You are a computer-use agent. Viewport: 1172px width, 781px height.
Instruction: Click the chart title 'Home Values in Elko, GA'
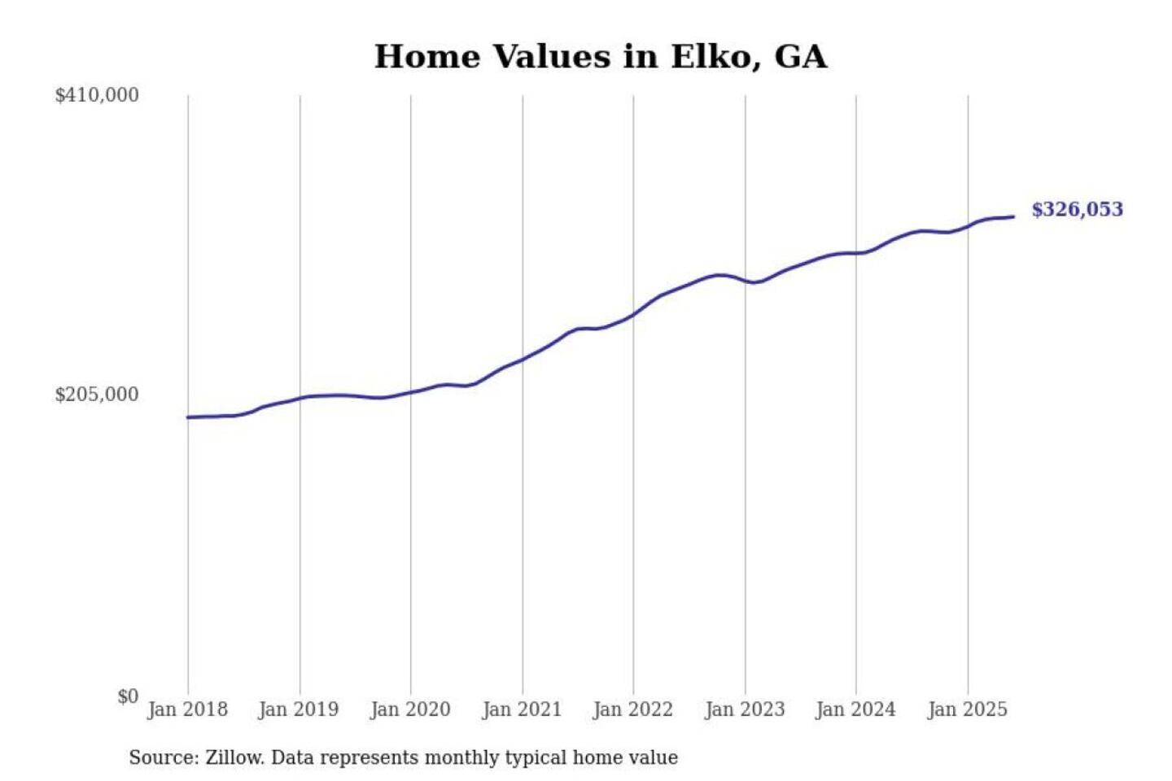601,57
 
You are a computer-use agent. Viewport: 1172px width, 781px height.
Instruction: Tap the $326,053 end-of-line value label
1077,210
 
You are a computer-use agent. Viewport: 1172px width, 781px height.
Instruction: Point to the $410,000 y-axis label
97,95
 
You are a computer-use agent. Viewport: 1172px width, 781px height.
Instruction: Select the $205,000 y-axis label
97,395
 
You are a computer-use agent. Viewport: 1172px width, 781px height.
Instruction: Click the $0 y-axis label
128,696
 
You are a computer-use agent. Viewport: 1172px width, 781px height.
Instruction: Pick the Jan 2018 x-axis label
187,709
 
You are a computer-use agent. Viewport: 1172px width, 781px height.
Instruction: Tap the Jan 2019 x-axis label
299,709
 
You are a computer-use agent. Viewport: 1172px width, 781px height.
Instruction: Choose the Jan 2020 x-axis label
410,709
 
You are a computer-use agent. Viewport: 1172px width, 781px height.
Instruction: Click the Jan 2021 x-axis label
522,709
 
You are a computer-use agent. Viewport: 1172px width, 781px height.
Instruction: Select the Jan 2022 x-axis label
633,709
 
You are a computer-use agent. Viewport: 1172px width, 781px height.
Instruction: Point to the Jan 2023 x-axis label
745,709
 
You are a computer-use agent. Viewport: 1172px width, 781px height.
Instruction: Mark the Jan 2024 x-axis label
855,709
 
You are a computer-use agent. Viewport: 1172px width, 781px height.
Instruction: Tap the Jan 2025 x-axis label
968,709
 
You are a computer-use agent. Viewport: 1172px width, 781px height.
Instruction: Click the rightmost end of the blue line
1012,216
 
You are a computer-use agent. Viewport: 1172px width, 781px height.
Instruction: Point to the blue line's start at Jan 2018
188,417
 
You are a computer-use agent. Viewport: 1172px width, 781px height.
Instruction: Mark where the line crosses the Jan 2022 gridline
633,315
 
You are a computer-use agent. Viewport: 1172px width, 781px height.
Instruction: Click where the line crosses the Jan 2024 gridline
856,253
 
